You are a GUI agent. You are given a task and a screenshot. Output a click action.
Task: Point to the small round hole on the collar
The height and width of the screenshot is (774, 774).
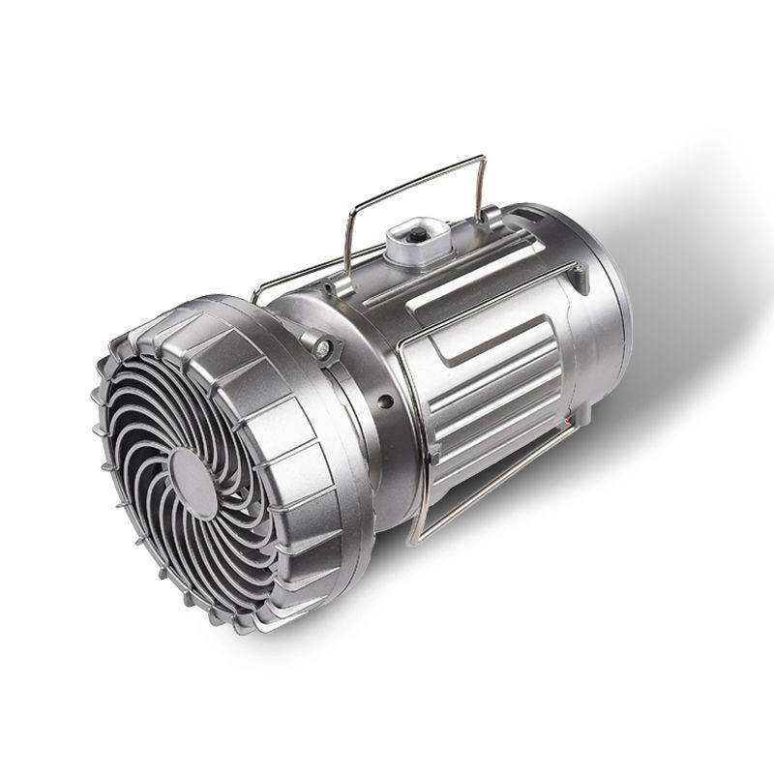pyautogui.click(x=385, y=401)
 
